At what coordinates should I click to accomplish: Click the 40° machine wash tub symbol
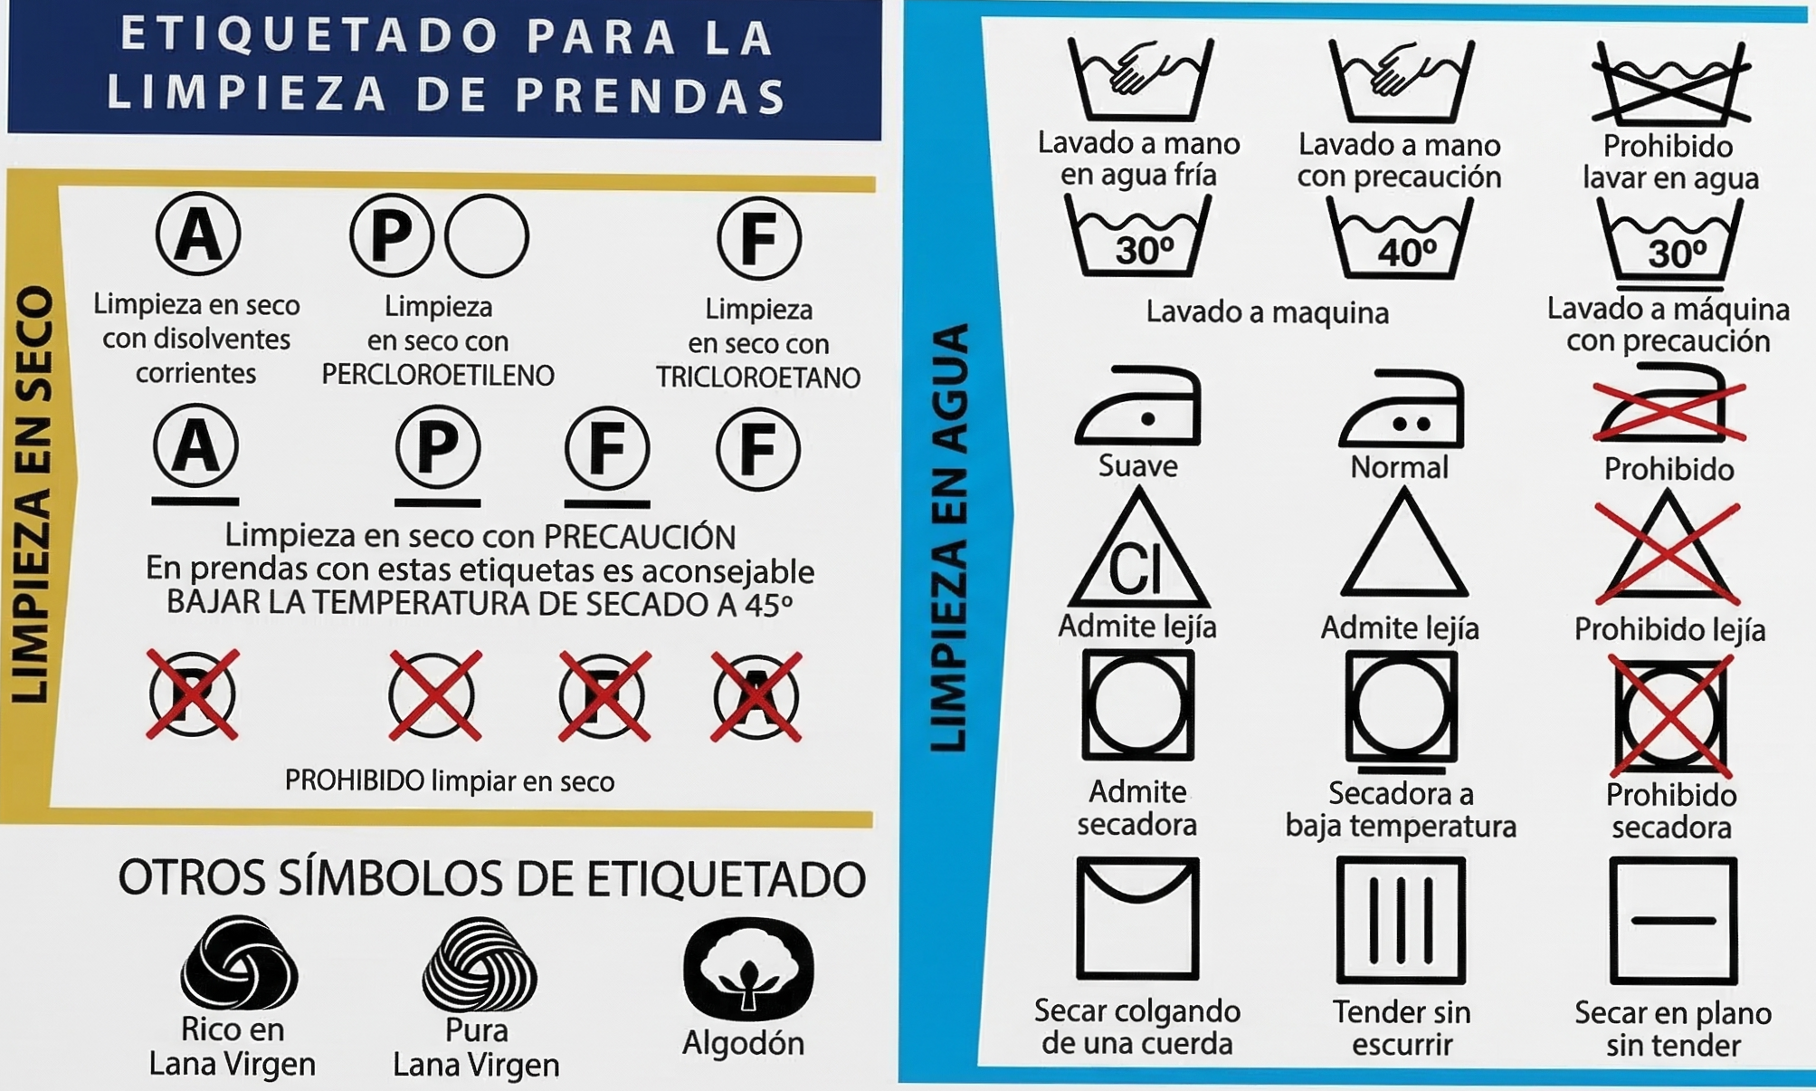point(1401,241)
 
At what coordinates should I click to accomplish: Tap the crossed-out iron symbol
point(1669,407)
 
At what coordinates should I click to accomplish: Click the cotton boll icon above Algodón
point(748,969)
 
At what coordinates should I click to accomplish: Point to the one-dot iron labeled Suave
point(1138,407)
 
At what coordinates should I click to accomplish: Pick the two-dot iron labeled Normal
point(1401,409)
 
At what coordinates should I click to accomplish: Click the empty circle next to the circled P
point(487,236)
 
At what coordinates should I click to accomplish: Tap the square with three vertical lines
point(1401,920)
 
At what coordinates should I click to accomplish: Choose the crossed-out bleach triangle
point(1668,552)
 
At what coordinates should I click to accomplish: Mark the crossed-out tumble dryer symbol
point(1670,715)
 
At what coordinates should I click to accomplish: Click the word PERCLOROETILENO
point(438,375)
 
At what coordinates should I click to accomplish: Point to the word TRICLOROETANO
point(758,378)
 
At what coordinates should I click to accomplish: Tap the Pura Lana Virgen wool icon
point(480,965)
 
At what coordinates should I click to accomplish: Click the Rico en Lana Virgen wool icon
point(239,963)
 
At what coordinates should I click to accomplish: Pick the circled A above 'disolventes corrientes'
point(198,234)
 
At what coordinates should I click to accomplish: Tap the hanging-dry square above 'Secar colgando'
point(1137,918)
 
